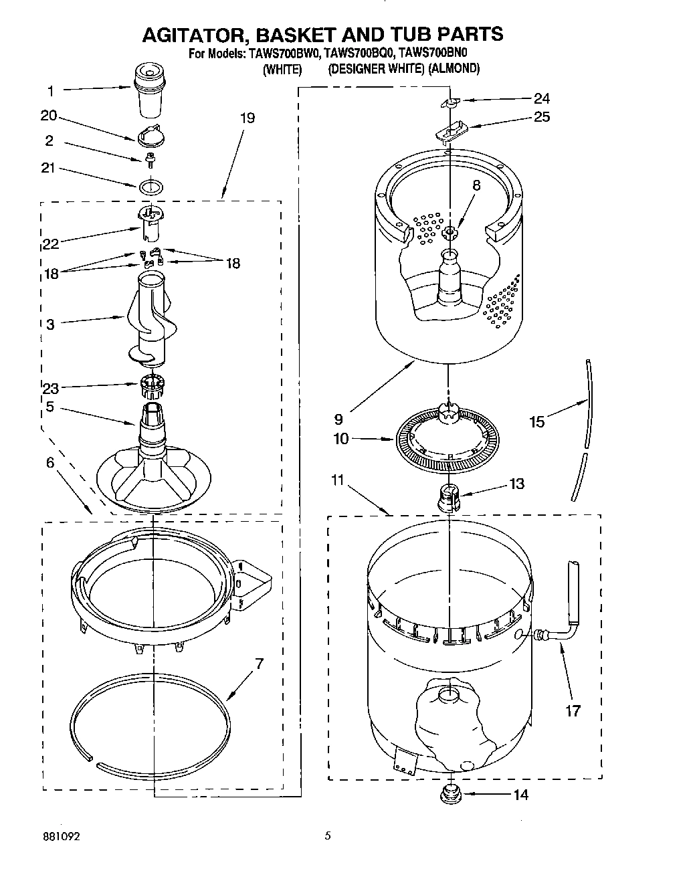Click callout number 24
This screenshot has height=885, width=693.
point(542,98)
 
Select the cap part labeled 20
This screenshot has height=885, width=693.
point(151,135)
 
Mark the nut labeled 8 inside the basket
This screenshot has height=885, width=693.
point(450,232)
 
